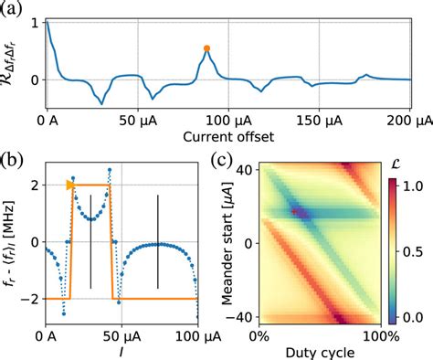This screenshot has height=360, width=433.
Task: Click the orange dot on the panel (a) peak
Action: point(206,48)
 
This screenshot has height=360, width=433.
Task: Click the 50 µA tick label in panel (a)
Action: point(140,120)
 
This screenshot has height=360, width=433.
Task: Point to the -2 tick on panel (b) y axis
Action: point(34,299)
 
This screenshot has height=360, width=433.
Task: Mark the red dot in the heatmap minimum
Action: point(294,210)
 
